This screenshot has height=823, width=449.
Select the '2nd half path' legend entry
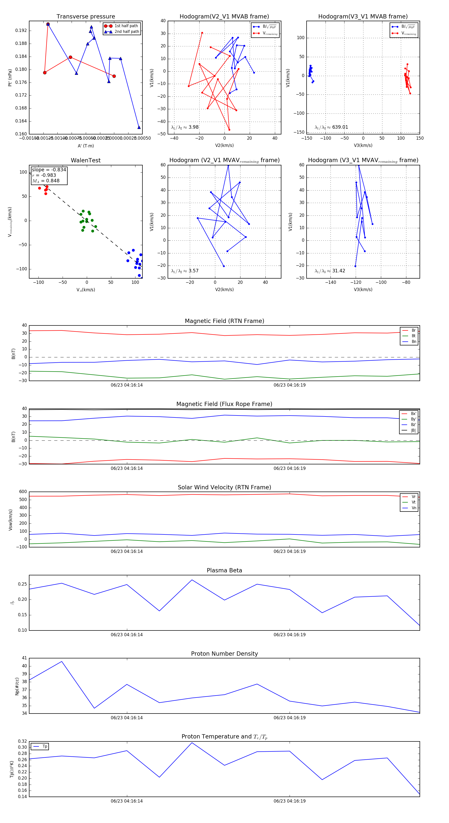coord(126,32)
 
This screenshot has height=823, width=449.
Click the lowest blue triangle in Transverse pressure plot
coord(139,127)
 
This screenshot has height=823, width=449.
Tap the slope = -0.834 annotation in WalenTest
coord(49,170)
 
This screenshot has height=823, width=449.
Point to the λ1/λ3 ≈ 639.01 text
coord(332,127)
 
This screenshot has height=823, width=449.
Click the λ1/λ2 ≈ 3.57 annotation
coord(185,271)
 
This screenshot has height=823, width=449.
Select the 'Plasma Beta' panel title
coord(224,571)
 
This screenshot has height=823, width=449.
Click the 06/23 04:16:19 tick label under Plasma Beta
coord(289,634)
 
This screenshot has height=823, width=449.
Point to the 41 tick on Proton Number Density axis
coord(24,658)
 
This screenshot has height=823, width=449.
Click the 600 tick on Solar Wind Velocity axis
coord(23,492)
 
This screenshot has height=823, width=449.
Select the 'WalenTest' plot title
coord(86,160)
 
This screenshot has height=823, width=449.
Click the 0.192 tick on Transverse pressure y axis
coord(21,31)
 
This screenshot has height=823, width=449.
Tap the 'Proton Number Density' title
coord(224,654)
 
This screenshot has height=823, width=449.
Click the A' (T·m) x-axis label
coord(86,146)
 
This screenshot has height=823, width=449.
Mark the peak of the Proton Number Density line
coord(62,661)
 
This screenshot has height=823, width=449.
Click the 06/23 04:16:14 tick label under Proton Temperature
coord(126,801)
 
